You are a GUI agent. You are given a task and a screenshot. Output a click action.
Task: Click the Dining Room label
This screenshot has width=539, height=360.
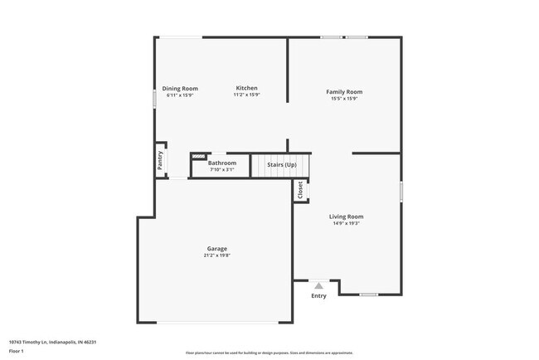click(x=180, y=89)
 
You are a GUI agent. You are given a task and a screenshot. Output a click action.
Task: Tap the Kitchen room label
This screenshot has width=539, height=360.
click(x=246, y=88)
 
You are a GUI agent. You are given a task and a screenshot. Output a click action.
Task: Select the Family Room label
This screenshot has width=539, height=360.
click(x=344, y=92)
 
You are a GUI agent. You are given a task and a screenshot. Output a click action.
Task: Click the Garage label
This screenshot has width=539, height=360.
click(x=217, y=249)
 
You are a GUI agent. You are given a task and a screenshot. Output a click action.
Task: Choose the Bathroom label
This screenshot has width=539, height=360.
click(x=222, y=163)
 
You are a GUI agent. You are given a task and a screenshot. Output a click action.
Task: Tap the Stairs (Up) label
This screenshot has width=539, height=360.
click(x=281, y=165)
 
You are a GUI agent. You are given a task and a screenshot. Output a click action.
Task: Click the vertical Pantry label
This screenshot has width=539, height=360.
click(x=160, y=159)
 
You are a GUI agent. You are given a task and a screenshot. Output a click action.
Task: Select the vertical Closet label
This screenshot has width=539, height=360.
click(x=300, y=190)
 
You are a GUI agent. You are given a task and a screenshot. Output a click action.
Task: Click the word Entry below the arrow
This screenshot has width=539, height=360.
click(x=318, y=296)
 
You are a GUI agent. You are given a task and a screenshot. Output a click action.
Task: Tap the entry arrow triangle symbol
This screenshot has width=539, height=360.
click(x=318, y=285)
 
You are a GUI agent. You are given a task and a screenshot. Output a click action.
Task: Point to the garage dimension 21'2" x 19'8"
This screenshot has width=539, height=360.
click(x=217, y=255)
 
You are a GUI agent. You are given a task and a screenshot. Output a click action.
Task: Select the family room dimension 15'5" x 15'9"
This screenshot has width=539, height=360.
click(x=344, y=100)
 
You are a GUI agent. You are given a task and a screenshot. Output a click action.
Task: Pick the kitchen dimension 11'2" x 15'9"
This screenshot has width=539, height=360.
click(x=246, y=95)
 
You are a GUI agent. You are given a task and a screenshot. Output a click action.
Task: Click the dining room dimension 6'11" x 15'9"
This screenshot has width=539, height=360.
click(x=180, y=95)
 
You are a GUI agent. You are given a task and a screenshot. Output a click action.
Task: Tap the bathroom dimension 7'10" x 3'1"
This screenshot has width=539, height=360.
click(x=222, y=169)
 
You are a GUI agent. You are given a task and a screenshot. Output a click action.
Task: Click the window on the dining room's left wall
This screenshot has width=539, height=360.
click(x=154, y=97)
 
